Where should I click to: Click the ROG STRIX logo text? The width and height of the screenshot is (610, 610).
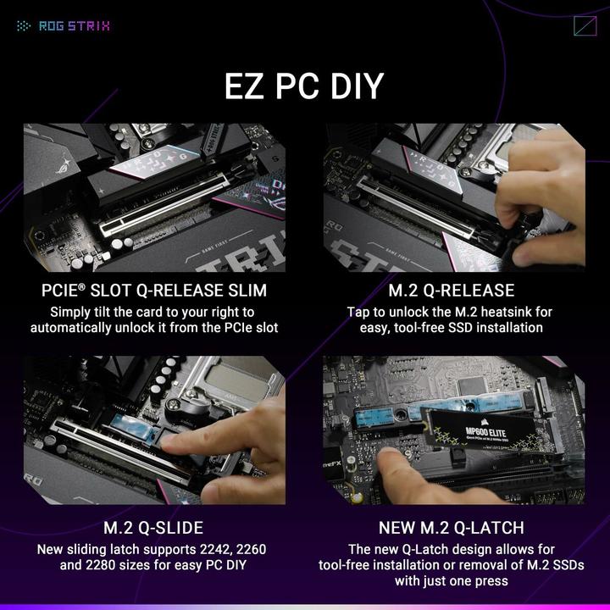(75, 25)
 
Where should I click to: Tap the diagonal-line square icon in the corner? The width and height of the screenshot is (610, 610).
(585, 25)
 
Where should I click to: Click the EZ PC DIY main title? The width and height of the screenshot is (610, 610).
(304, 86)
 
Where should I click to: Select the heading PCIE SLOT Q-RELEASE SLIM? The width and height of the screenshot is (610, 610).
(154, 291)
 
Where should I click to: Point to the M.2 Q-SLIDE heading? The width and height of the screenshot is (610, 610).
(153, 528)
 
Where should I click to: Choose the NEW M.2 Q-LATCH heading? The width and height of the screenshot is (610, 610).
(453, 528)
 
